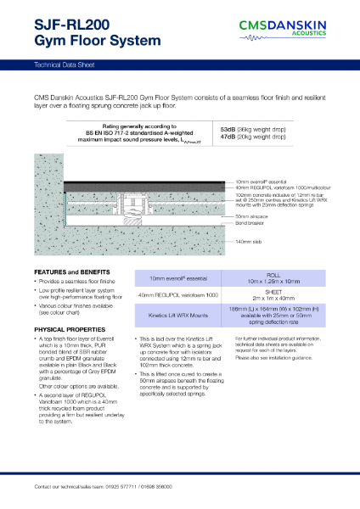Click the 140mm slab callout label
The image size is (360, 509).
point(249,241)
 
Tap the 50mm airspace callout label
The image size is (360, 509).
point(250,218)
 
